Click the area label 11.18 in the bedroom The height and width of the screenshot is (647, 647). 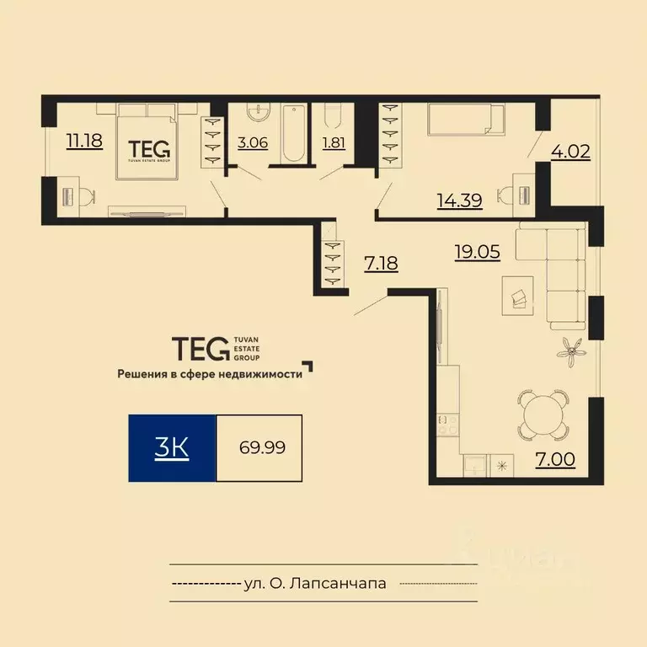(x=84, y=141)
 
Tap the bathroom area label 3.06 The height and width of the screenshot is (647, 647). (x=253, y=142)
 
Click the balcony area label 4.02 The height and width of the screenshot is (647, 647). (x=570, y=152)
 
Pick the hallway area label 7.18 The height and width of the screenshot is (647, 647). (x=381, y=263)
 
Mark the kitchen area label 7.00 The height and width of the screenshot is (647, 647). (x=557, y=459)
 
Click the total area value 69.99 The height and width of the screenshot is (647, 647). (x=261, y=447)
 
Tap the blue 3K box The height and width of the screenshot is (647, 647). (x=172, y=447)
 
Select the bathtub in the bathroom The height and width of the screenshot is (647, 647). (x=292, y=134)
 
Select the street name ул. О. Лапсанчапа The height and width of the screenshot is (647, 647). (x=314, y=583)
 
